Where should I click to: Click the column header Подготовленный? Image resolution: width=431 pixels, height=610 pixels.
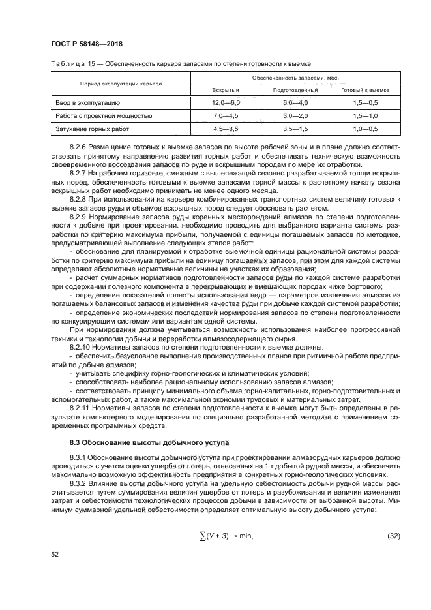coord(295,89)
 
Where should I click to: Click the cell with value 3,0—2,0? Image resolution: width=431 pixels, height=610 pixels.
coord(295,115)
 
